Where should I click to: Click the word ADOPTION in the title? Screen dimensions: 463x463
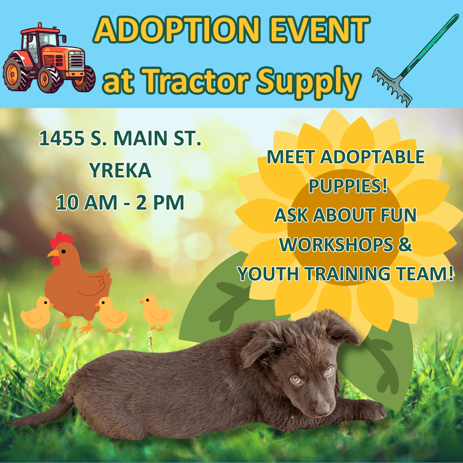coord(177,30)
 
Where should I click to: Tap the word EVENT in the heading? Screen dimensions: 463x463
coord(319,30)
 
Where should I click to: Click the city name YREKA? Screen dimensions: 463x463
coord(120,170)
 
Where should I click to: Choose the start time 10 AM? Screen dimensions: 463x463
coord(87,202)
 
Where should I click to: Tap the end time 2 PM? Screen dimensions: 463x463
coord(160,202)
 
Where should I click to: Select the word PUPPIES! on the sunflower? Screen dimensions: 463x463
coord(348,186)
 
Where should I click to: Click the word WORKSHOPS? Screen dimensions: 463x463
coord(336,244)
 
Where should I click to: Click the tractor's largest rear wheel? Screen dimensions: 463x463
coord(17,74)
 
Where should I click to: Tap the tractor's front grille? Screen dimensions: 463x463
coord(76,61)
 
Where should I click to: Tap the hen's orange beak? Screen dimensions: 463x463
coord(53,253)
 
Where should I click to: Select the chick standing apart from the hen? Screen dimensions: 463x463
coord(156,313)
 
